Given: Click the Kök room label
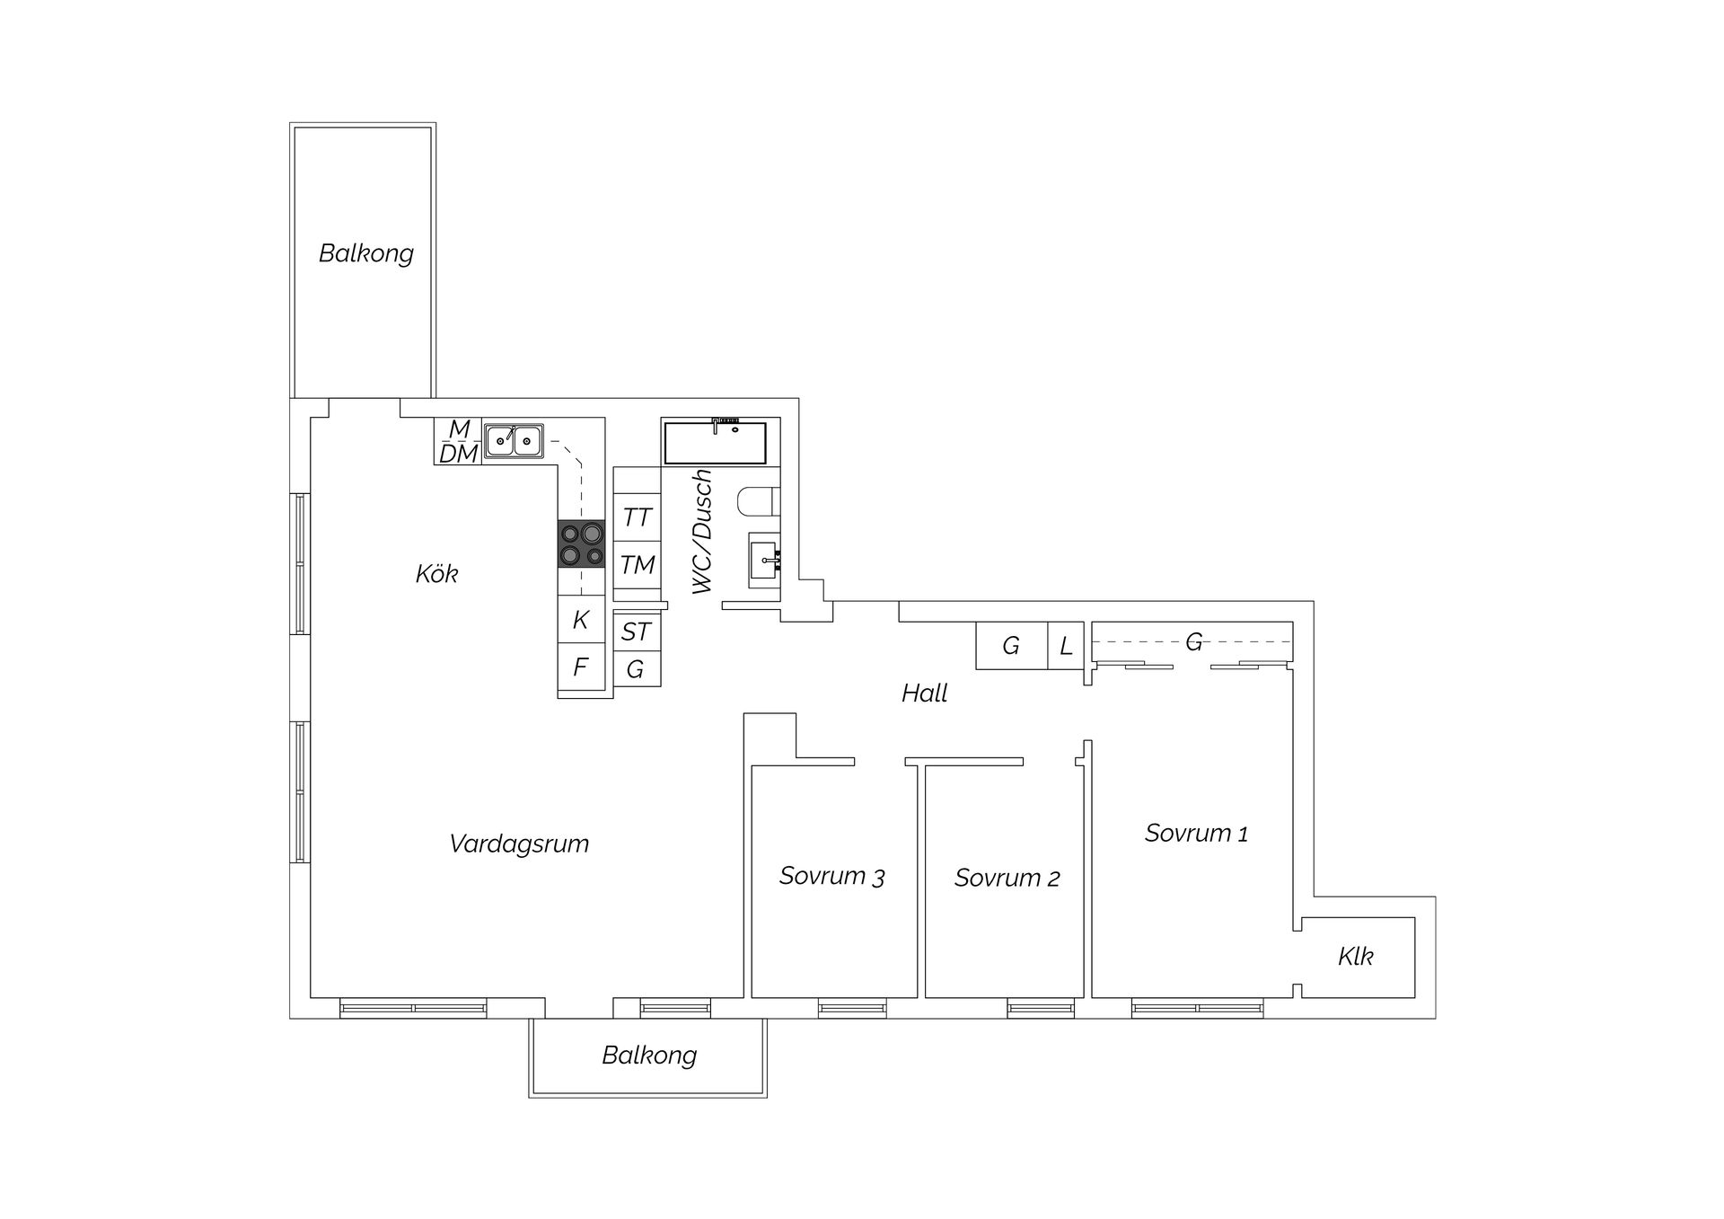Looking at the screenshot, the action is click(437, 573).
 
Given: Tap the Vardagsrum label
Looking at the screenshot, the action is click(519, 844).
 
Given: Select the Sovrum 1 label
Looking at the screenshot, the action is click(1196, 833).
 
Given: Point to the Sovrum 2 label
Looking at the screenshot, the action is click(1007, 878).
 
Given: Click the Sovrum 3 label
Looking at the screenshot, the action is click(831, 876).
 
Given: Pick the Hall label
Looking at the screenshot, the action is click(925, 693).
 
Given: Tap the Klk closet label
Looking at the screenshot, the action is click(1356, 956).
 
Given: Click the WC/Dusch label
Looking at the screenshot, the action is click(703, 531).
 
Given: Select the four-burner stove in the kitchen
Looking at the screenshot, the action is click(581, 544).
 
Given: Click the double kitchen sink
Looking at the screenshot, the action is click(514, 440).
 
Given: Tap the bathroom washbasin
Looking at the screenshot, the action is click(764, 561).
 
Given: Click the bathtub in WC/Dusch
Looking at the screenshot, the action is click(715, 441).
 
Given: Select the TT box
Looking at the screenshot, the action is click(637, 517).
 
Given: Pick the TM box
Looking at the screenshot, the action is click(637, 565).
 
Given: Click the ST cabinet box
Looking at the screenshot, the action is click(637, 632).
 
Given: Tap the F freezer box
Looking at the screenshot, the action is click(581, 667).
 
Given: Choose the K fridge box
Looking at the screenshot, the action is click(581, 619).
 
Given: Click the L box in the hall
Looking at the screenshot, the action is click(1066, 646).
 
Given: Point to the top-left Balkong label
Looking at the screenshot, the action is click(366, 253).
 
